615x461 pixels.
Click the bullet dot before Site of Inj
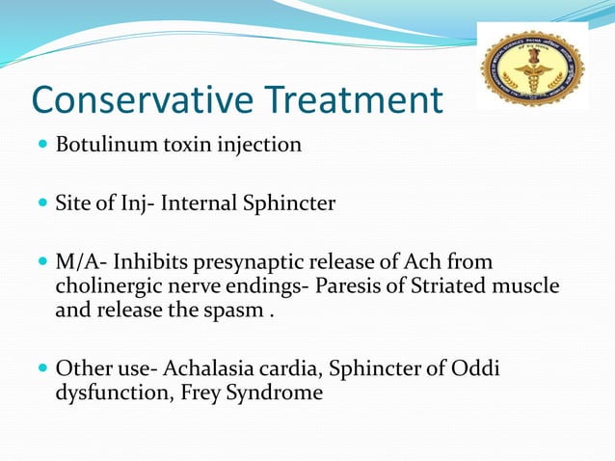(x=43, y=204)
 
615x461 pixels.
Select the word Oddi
(x=480, y=368)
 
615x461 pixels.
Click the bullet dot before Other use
(x=43, y=369)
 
